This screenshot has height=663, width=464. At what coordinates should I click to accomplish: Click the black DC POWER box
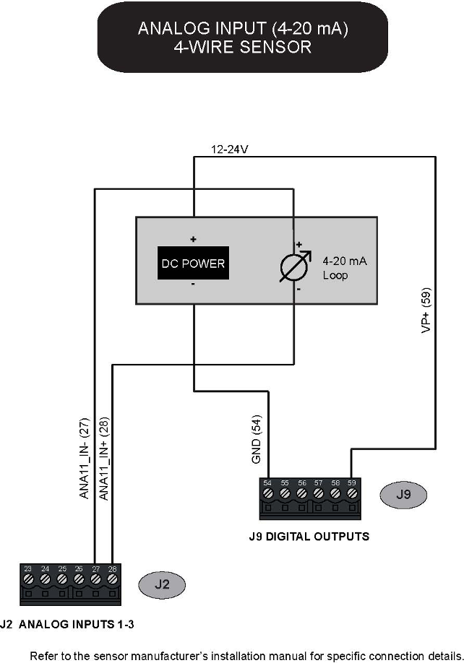(x=192, y=264)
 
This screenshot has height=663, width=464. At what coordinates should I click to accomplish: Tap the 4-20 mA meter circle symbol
(x=295, y=266)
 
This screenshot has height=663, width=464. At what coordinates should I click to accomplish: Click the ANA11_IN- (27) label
(x=84, y=460)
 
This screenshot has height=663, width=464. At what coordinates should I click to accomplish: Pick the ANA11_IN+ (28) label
(x=103, y=460)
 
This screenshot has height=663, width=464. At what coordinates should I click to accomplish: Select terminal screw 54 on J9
(x=268, y=495)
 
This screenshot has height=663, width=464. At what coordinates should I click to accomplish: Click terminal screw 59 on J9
(x=352, y=495)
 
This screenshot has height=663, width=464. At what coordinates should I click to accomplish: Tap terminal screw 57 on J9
(x=319, y=495)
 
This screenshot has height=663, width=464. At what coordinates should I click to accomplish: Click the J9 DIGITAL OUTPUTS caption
(x=309, y=537)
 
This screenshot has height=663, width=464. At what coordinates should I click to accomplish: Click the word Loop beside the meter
(x=335, y=275)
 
